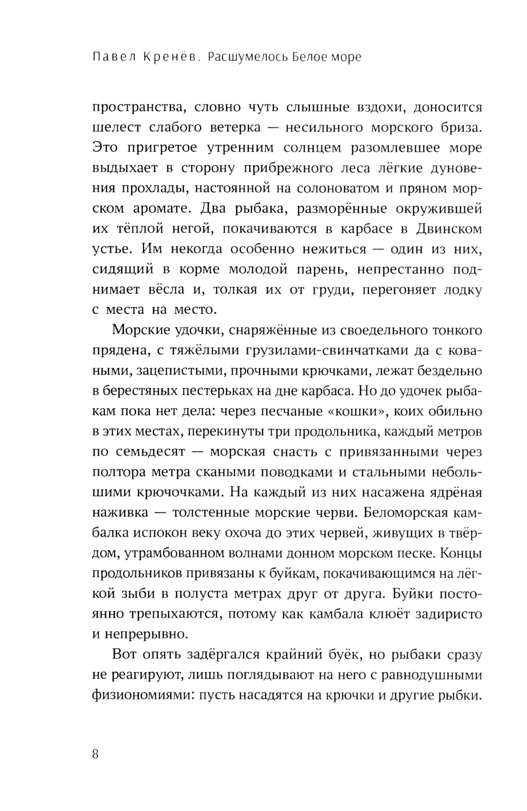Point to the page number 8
95,754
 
